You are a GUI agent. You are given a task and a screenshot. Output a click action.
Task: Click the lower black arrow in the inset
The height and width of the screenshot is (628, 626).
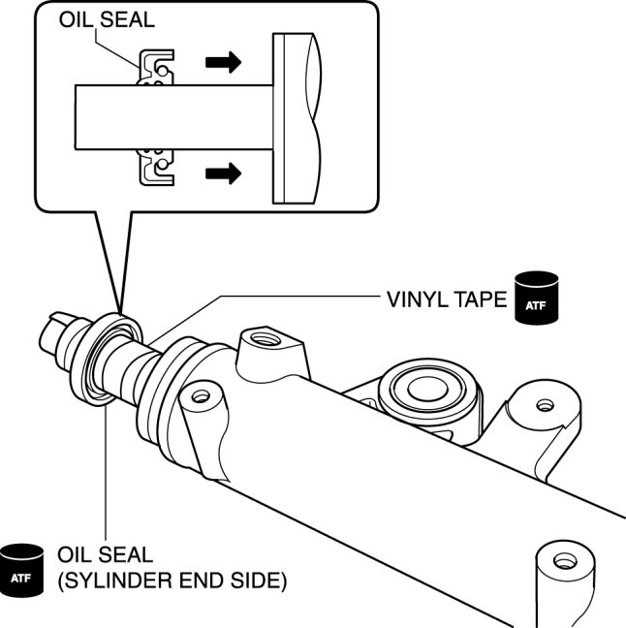[221, 175]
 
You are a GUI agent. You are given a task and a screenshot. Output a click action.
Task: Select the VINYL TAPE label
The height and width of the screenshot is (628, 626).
[440, 299]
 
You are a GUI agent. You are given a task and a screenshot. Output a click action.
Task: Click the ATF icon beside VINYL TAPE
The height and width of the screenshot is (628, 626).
[536, 295]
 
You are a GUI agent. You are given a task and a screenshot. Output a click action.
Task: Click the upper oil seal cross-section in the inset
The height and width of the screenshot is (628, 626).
[156, 69]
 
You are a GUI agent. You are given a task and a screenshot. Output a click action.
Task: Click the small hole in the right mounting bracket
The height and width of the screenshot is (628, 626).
[545, 404]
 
